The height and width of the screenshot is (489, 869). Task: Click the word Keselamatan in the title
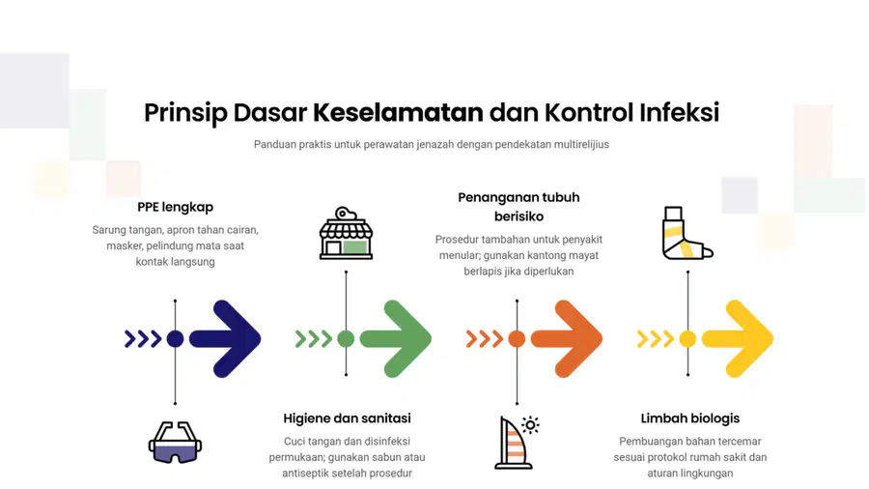398,112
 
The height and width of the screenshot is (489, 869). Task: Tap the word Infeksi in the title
680,112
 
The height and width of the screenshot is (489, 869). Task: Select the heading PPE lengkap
175,208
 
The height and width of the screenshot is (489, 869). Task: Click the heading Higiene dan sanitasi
347,418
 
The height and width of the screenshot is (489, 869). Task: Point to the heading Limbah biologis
690,418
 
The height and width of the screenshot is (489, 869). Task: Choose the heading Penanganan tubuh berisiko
519,207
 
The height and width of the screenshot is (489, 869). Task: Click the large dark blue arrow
225,339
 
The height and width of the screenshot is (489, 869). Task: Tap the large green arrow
396,339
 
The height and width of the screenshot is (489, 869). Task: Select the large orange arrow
567,339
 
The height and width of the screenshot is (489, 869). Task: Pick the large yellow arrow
738,339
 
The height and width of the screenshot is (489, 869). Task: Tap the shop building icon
347,233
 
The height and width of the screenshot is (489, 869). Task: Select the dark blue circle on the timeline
175,339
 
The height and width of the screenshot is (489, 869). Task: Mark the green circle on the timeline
346,339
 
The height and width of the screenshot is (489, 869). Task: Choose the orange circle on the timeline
517,339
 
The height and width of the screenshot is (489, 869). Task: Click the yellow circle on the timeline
687,339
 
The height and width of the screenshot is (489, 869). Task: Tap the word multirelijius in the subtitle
582,145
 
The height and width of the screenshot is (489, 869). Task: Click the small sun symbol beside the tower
530,425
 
